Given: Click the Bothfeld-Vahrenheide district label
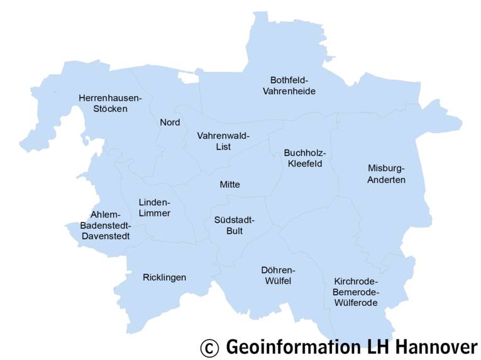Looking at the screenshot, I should point(289,85).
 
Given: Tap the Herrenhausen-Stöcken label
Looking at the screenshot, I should point(110,103).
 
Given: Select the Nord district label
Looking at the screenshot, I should point(170,122).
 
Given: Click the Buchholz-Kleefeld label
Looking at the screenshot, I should point(305,158).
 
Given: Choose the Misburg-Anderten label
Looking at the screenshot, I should point(387,173).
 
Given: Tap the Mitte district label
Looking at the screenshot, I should point(229,185).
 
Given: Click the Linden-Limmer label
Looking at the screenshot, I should point(154,207).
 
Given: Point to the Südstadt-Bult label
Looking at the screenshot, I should point(234,226).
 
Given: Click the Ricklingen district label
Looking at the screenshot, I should point(164,277).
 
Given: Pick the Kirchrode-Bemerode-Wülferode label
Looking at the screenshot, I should point(356,292).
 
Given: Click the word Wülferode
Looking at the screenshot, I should point(356,303).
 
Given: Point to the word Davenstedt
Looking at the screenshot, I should point(106,237).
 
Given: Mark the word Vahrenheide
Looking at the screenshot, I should point(289,91).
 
